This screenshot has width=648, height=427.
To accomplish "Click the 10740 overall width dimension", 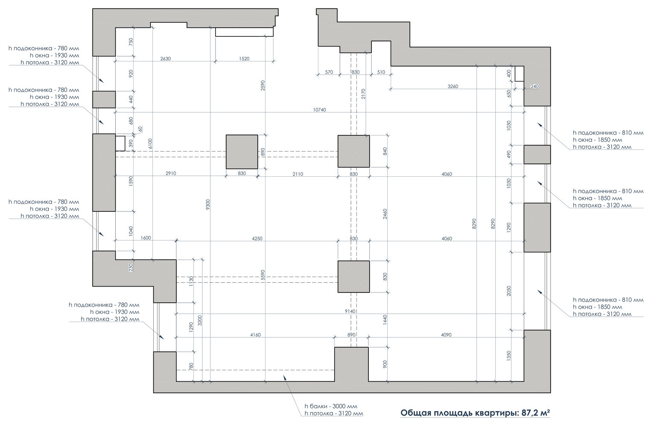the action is tap(319, 110).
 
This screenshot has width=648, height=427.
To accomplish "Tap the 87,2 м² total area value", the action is tap(535, 412).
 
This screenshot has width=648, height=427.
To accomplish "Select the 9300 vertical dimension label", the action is tap(208, 205).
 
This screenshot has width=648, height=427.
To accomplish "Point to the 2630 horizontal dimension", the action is tap(166, 59).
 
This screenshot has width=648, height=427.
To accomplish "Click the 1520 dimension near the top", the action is tap(244, 59).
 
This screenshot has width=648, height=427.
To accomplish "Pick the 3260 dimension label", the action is tap(453, 86).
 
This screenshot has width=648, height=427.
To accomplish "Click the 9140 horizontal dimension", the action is tap(350, 311).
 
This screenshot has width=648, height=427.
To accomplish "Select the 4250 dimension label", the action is tap(257, 239).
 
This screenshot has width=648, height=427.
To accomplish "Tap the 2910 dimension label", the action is tap(171, 174).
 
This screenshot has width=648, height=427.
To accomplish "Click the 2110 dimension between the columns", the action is tap(298, 174).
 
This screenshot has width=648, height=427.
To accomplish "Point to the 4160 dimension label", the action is tap(255, 335).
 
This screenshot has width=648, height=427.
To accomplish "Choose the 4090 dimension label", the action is tap(446, 335).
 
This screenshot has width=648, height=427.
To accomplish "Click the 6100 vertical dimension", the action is tap(150, 144).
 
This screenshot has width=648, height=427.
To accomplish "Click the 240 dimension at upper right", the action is tap(534, 86).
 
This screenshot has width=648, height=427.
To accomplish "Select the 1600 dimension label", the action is tap(146, 238).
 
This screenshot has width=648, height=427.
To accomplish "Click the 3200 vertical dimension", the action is tap(200, 321).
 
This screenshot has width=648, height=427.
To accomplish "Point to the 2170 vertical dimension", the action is tap(364, 94).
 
